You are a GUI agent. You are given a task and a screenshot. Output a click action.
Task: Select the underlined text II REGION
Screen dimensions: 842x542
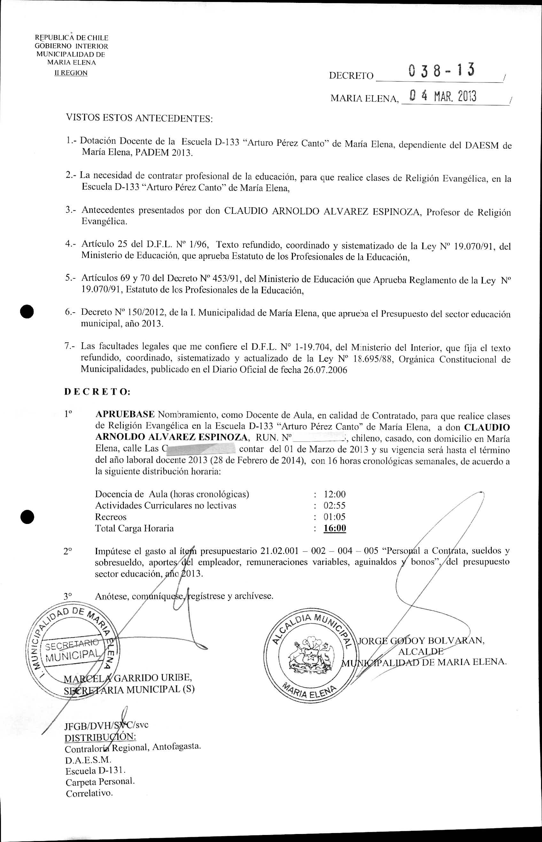pos(71,73)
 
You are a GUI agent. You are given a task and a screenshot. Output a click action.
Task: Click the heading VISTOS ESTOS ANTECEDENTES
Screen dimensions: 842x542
pos(139,118)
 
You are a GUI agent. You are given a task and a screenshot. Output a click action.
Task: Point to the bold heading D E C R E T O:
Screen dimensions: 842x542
pos(97,392)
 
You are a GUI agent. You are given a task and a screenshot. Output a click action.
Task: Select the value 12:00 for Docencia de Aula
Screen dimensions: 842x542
pos(334,494)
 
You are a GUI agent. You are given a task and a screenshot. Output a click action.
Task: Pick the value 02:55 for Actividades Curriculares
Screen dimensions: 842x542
pos(334,505)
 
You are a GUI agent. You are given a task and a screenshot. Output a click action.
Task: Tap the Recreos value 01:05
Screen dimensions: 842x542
pos(334,517)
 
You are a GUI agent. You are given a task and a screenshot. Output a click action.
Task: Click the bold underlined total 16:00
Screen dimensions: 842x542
pos(335,528)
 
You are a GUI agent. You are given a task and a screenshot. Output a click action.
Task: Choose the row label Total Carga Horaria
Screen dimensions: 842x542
pos(134,528)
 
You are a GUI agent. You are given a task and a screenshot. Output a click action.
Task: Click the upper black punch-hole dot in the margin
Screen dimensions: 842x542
pos(27,312)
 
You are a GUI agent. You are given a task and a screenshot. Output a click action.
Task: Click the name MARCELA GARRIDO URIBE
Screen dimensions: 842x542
pos(128,677)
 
